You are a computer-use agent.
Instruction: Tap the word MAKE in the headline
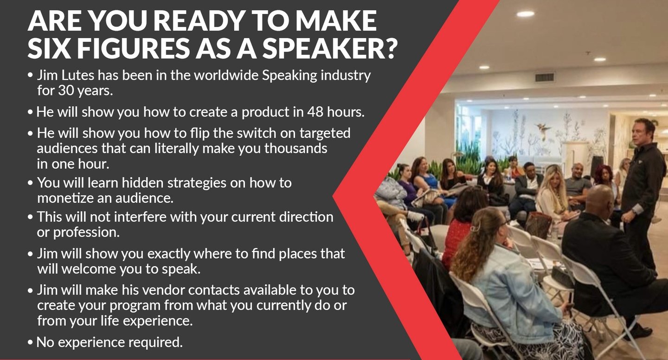pos(336,20)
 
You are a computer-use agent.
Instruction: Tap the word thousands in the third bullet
pos(295,148)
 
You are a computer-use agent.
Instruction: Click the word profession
pos(86,232)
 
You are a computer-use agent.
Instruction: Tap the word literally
pos(176,148)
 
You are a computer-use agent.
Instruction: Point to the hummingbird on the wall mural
pos(543,129)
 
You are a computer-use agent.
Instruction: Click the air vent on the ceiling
pos(545,77)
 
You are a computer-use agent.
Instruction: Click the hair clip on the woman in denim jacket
pos(475,229)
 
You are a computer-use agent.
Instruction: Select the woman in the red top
pos(461,227)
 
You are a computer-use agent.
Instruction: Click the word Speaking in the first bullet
pos(289,76)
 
